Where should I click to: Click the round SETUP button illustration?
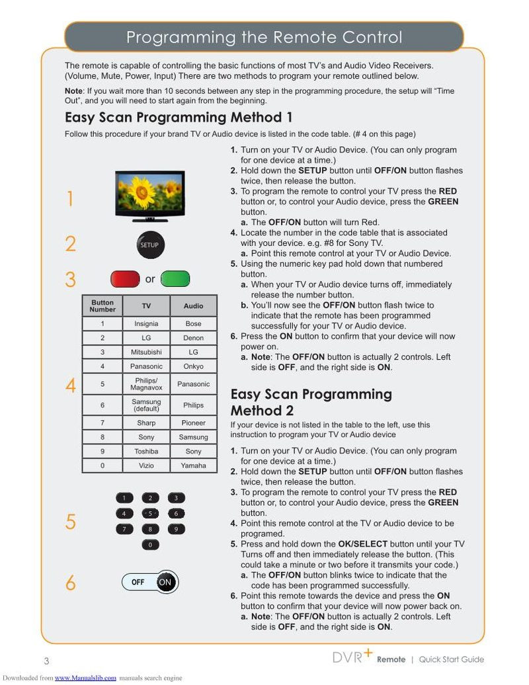point(149,245)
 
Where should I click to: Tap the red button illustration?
point(125,279)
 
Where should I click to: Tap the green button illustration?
point(175,279)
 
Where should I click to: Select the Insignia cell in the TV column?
point(146,324)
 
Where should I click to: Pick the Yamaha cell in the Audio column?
point(193,465)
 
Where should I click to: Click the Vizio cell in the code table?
point(146,465)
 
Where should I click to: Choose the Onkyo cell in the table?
point(193,366)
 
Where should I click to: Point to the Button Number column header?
point(102,306)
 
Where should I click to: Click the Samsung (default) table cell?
point(146,405)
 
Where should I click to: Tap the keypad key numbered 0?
point(150,545)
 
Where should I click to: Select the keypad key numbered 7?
point(124,529)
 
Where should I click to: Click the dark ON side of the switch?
point(165,582)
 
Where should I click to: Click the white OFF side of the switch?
point(138,582)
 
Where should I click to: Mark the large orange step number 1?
point(70,199)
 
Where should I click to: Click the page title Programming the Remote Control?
point(264,37)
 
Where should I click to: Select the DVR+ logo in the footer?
point(352,657)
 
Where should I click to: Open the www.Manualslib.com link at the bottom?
point(85,678)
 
